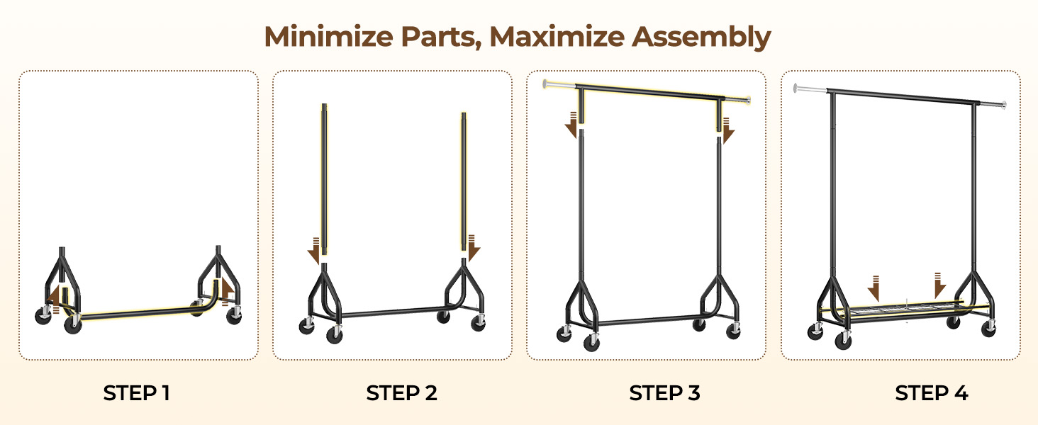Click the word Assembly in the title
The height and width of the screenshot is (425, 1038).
coord(701,37)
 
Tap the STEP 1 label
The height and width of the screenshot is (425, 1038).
coord(137,393)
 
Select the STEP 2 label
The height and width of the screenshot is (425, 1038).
coord(401,393)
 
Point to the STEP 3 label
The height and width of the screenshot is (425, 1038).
coord(664,393)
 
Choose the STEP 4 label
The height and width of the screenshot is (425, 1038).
coord(932,393)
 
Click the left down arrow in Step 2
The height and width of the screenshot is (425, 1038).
coord(314,252)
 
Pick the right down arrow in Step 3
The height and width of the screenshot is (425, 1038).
coord(728,132)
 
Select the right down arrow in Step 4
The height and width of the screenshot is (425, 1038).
coord(939,285)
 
